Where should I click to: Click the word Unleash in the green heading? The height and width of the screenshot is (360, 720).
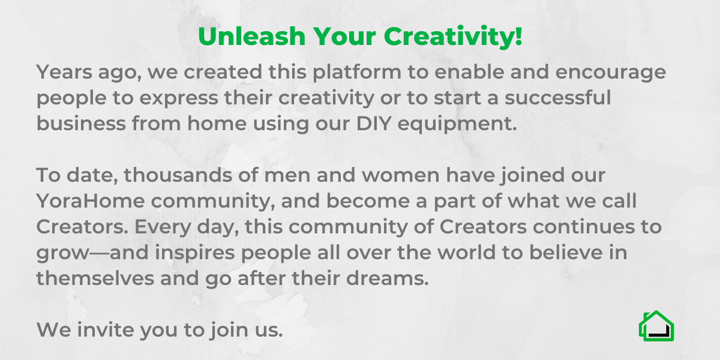(x=251, y=36)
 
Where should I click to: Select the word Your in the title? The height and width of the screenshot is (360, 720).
(x=344, y=36)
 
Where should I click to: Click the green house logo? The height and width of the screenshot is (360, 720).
(x=656, y=326)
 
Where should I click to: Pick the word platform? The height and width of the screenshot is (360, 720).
(x=357, y=73)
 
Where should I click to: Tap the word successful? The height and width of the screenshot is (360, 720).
(x=557, y=97)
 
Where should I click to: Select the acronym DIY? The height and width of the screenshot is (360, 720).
(x=374, y=124)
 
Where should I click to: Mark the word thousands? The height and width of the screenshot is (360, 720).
(x=178, y=175)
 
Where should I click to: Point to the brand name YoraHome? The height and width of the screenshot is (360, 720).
(x=91, y=201)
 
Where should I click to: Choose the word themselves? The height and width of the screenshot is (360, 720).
(x=95, y=278)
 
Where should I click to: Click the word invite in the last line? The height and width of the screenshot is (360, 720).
(x=105, y=330)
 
